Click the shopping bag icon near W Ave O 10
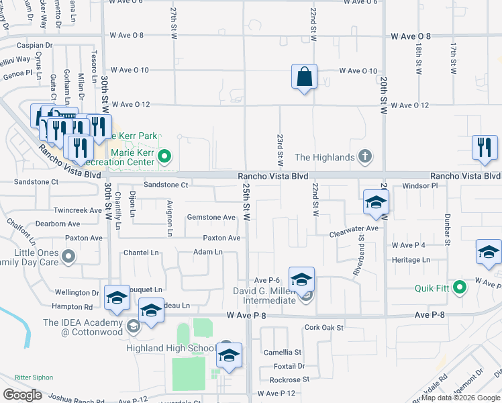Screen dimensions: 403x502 pos(304,77)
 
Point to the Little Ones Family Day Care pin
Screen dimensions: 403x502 pos(68,256)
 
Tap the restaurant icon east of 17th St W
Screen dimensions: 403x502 pos(484,148)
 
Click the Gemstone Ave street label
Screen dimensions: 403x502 pos(211,218)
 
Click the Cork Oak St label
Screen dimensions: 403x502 pos(323,328)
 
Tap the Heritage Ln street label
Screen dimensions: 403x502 pos(411,260)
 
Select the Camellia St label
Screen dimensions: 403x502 pos(283,352)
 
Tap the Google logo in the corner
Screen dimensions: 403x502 pos(22,394)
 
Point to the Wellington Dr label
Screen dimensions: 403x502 pos(77,293)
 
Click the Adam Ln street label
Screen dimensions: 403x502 pos(207,252)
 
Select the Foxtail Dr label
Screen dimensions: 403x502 pos(289,366)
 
